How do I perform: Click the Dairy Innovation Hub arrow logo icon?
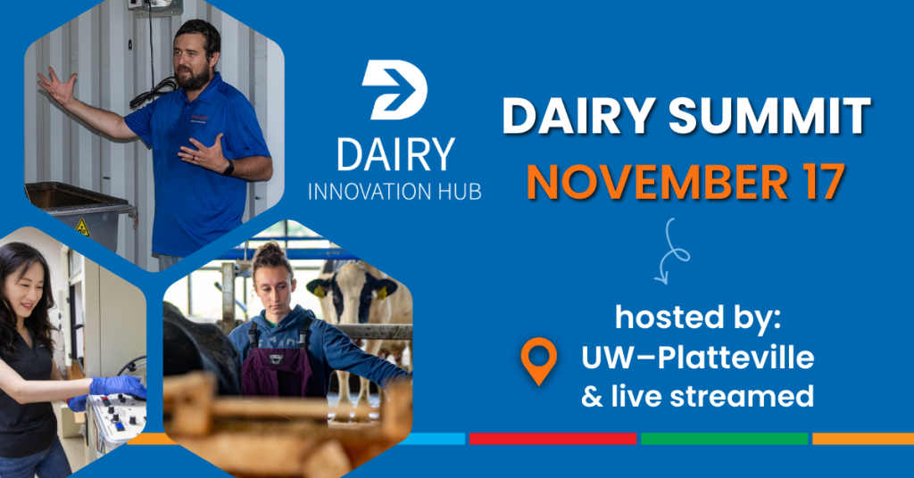pyautogui.click(x=395, y=90)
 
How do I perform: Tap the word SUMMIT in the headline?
pyautogui.click(x=769, y=116)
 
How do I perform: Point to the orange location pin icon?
pyautogui.click(x=538, y=360)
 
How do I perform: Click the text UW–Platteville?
pyautogui.click(x=697, y=357)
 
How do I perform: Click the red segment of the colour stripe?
pyautogui.click(x=553, y=439)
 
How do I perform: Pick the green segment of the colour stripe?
pyautogui.click(x=724, y=439)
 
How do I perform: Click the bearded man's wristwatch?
pyautogui.click(x=228, y=168)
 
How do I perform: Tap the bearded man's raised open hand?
pyautogui.click(x=58, y=87)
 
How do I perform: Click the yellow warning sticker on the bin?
pyautogui.click(x=82, y=227)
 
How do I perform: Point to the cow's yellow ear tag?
pyautogui.click(x=320, y=292)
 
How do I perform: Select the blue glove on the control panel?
pyautogui.click(x=118, y=387)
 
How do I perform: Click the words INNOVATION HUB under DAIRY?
pyautogui.click(x=395, y=192)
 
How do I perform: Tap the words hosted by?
pyautogui.click(x=698, y=317)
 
